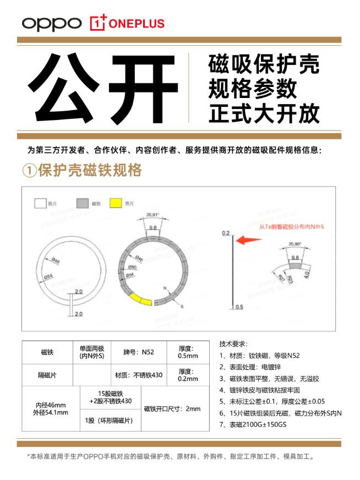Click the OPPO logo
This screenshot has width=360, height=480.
(51, 23)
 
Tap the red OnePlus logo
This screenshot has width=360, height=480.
(127, 23)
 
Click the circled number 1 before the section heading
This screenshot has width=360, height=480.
(29, 171)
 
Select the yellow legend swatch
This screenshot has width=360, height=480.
(116, 204)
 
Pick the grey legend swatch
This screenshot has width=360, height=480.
(82, 204)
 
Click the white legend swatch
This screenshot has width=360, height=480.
(40, 204)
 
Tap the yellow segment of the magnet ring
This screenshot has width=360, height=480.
(140, 299)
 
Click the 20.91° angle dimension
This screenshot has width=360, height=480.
(152, 215)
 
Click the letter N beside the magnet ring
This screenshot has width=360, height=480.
(165, 288)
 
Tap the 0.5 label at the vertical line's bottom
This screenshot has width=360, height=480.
(239, 307)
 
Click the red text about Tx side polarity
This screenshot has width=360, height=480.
(291, 226)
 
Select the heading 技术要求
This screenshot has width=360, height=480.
(234, 343)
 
